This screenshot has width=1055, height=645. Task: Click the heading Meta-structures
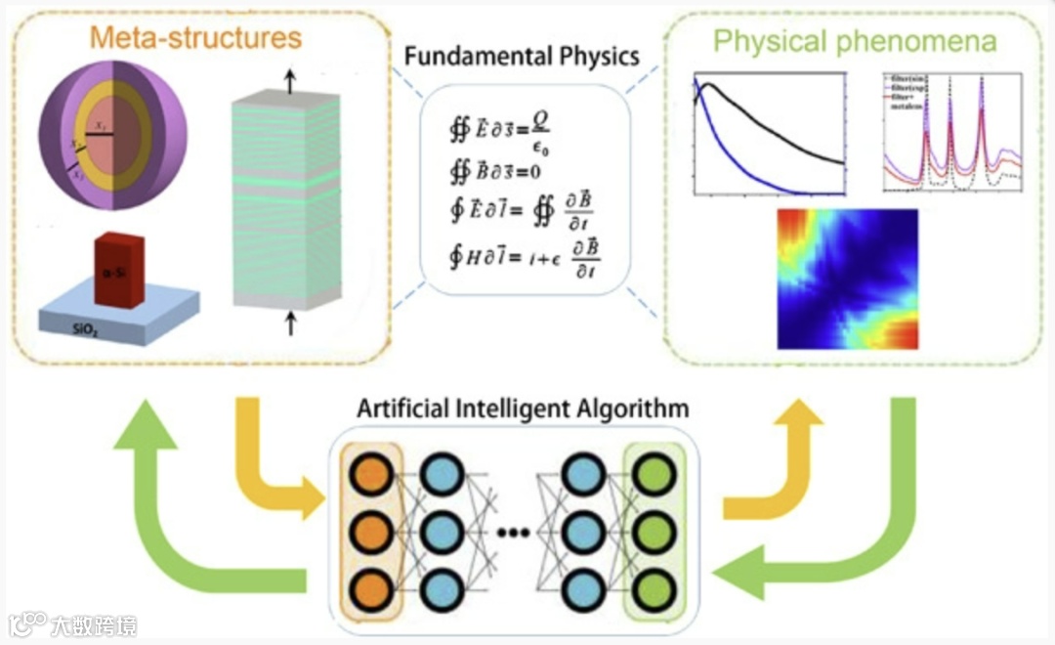pos(196,38)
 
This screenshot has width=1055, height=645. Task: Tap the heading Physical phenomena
pos(855,41)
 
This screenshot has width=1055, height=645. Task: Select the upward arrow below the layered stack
pos(290,322)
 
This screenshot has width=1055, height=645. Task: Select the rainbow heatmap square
pos(847,279)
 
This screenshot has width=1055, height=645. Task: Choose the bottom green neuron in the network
pos(647,590)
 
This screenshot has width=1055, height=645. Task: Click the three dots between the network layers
pos(512,534)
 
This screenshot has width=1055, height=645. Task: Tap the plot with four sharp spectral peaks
pos(950,132)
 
